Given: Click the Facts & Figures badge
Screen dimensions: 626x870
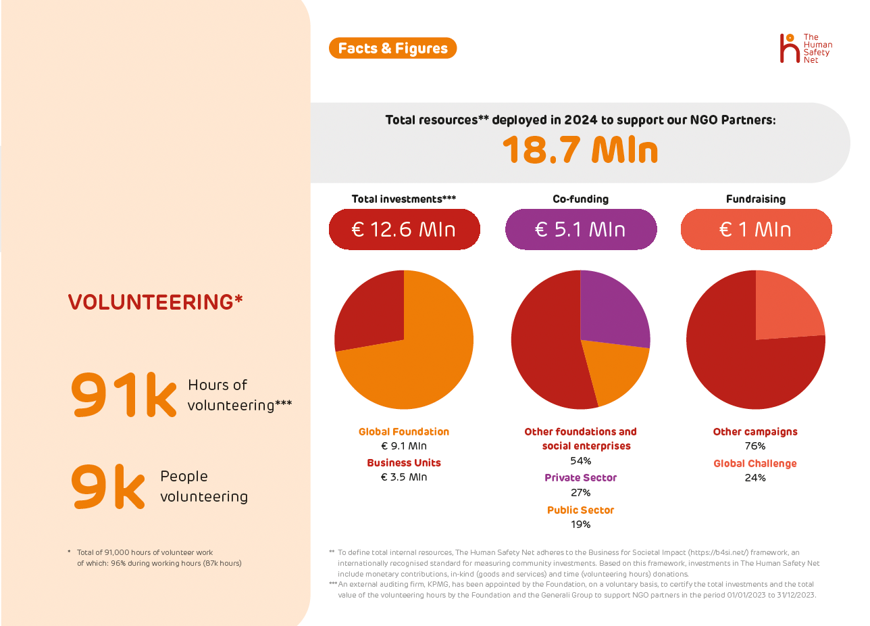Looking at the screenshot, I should point(392,48).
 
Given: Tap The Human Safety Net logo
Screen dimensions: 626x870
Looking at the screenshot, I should point(805,49).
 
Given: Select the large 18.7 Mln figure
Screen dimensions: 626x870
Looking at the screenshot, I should point(580,150).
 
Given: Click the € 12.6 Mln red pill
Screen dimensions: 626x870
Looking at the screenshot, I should point(404,229).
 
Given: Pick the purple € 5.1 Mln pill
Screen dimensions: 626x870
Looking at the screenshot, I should point(580,229).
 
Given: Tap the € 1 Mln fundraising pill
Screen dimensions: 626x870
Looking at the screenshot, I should point(756,229).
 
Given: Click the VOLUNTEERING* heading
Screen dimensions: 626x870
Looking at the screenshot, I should point(155,302).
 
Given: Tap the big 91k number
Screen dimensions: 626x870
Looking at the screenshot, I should point(124,395).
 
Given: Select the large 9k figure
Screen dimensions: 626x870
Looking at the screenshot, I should point(108,487).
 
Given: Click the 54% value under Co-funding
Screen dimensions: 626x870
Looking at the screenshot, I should point(580,461).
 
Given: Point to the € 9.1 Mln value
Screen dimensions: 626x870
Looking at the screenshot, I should point(404,446).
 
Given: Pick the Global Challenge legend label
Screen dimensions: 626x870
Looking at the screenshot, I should point(755,464).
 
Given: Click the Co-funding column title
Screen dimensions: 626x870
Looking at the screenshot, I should point(580,199).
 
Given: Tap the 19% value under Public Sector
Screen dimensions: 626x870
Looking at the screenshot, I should point(580,525).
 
